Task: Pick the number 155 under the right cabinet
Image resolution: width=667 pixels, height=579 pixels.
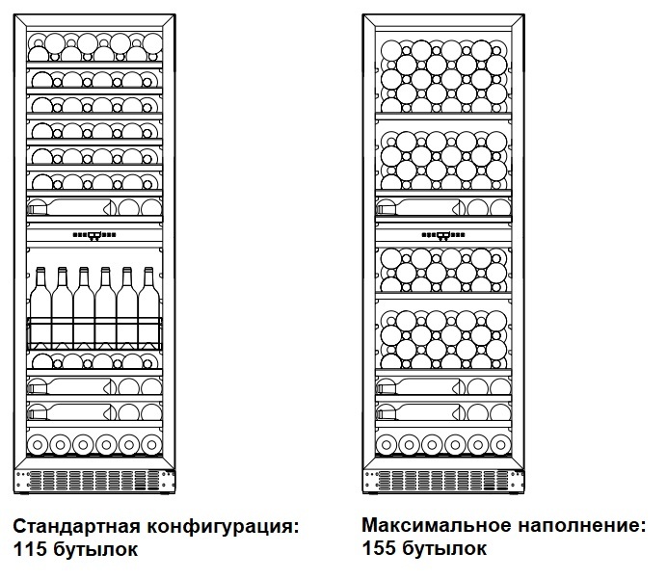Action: click(x=378, y=549)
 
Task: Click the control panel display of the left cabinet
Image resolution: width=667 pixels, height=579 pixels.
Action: click(x=94, y=234)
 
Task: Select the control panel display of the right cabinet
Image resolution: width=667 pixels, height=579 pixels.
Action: click(x=443, y=234)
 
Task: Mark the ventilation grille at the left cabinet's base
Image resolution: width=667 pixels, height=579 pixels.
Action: click(x=94, y=478)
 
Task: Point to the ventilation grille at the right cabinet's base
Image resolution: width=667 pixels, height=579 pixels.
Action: click(x=443, y=478)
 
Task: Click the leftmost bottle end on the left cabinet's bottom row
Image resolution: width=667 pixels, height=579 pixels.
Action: click(x=39, y=444)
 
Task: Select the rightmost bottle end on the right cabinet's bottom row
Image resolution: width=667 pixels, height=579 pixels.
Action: click(x=500, y=444)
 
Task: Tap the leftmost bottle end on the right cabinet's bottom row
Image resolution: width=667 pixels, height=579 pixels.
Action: click(x=387, y=444)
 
